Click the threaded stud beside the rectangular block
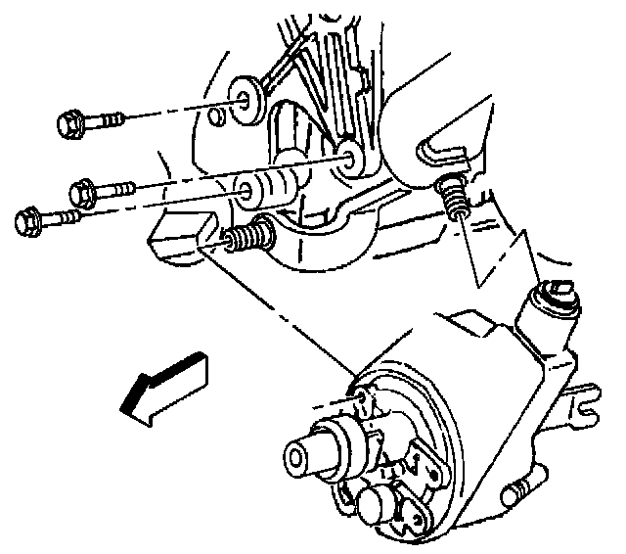(251, 236)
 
